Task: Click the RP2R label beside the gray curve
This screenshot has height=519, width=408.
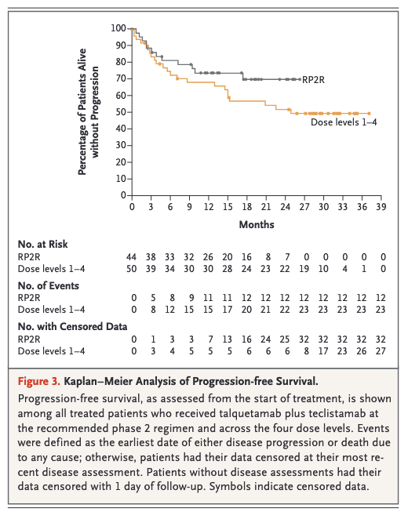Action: coord(313,80)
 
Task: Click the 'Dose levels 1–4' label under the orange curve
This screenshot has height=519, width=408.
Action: coord(344,122)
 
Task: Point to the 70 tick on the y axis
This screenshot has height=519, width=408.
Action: coord(121,78)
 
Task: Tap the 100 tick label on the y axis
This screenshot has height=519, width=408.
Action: coord(118,28)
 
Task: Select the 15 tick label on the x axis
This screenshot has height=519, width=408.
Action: coord(228,207)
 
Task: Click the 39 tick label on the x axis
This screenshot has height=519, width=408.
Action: coord(381,207)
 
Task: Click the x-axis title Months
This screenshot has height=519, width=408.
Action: coord(257,225)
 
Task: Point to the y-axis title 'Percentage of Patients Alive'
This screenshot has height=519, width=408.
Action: coord(82,112)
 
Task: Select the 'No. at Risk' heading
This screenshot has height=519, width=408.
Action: coord(42,245)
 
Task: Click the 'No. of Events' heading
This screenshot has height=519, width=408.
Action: coord(49,285)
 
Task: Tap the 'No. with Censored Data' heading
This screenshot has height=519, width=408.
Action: coord(72,327)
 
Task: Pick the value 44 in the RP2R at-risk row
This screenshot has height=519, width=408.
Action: coord(132,257)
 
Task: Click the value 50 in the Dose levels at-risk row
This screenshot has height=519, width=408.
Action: coord(132,269)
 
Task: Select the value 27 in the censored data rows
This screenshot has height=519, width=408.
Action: coord(381,351)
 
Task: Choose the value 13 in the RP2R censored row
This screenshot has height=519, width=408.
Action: coord(228,339)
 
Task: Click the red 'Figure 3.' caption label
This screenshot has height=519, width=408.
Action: coord(39,381)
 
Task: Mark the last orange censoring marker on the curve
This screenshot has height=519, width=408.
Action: coord(369,114)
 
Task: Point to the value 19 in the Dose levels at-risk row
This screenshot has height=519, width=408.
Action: coord(304,269)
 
